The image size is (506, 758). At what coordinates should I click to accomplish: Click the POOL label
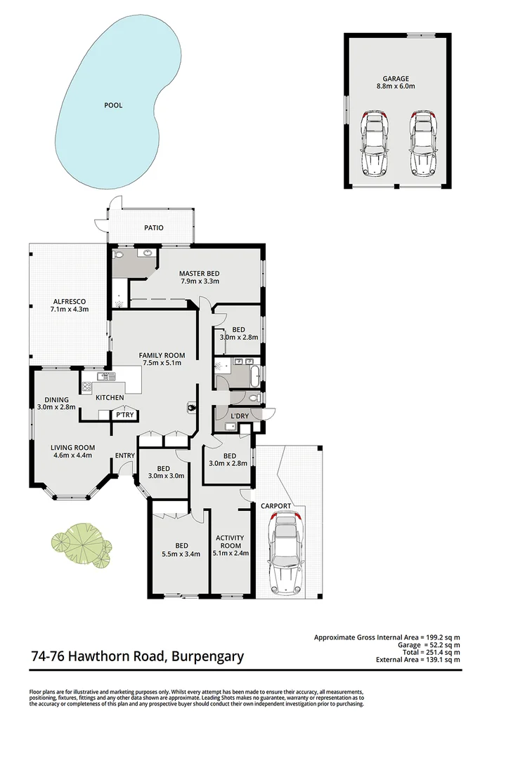(x=113, y=105)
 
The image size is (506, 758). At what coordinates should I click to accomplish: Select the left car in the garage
(x=374, y=143)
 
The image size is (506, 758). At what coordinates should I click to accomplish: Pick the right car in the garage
(x=421, y=143)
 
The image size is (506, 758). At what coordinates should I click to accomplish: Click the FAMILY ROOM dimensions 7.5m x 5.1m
(x=162, y=363)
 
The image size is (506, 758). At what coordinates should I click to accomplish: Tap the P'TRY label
(x=125, y=415)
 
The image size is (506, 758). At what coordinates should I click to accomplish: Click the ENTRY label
(x=125, y=456)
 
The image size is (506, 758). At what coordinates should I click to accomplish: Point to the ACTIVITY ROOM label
(x=231, y=541)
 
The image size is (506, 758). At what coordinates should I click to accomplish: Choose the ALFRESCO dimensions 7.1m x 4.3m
(x=69, y=309)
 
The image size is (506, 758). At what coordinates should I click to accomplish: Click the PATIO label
(x=154, y=227)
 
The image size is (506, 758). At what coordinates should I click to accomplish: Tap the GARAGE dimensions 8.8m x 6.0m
(x=395, y=88)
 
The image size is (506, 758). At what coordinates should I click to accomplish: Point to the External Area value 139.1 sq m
(x=441, y=660)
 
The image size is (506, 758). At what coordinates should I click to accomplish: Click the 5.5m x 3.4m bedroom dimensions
(x=181, y=554)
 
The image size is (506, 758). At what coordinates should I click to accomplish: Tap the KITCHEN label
(x=110, y=398)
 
